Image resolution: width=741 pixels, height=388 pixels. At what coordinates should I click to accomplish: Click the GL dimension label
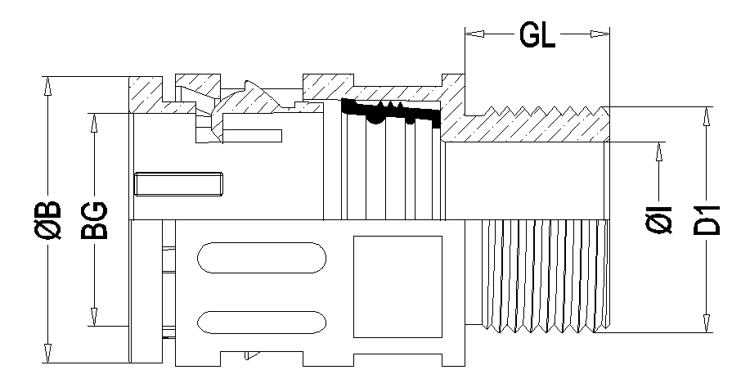[x=537, y=37]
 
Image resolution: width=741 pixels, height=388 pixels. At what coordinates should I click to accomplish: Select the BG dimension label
[x=95, y=219]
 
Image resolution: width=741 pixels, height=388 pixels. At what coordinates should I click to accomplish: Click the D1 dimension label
[x=708, y=219]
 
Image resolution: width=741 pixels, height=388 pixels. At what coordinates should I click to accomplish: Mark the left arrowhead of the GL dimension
[x=473, y=34]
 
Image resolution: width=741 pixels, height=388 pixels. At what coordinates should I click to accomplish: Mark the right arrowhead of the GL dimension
[x=603, y=34]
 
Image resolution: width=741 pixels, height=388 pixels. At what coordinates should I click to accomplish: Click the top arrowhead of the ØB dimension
[x=48, y=84]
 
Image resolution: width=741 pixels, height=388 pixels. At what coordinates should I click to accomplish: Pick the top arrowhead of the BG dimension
[x=95, y=120]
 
